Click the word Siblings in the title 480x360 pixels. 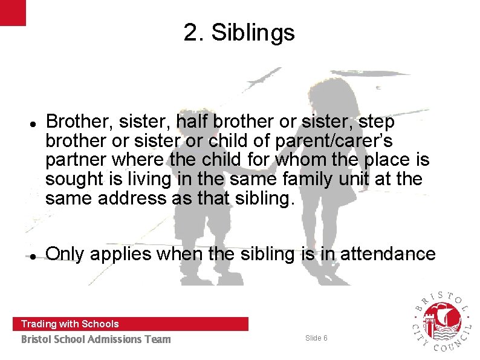pos(253,33)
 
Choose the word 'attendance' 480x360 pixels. pos(388,254)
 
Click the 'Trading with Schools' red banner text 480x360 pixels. pos(70,324)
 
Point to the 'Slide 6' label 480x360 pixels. pos(316,338)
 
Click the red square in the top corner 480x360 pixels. pos(13,13)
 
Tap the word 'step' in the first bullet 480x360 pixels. pos(378,122)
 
